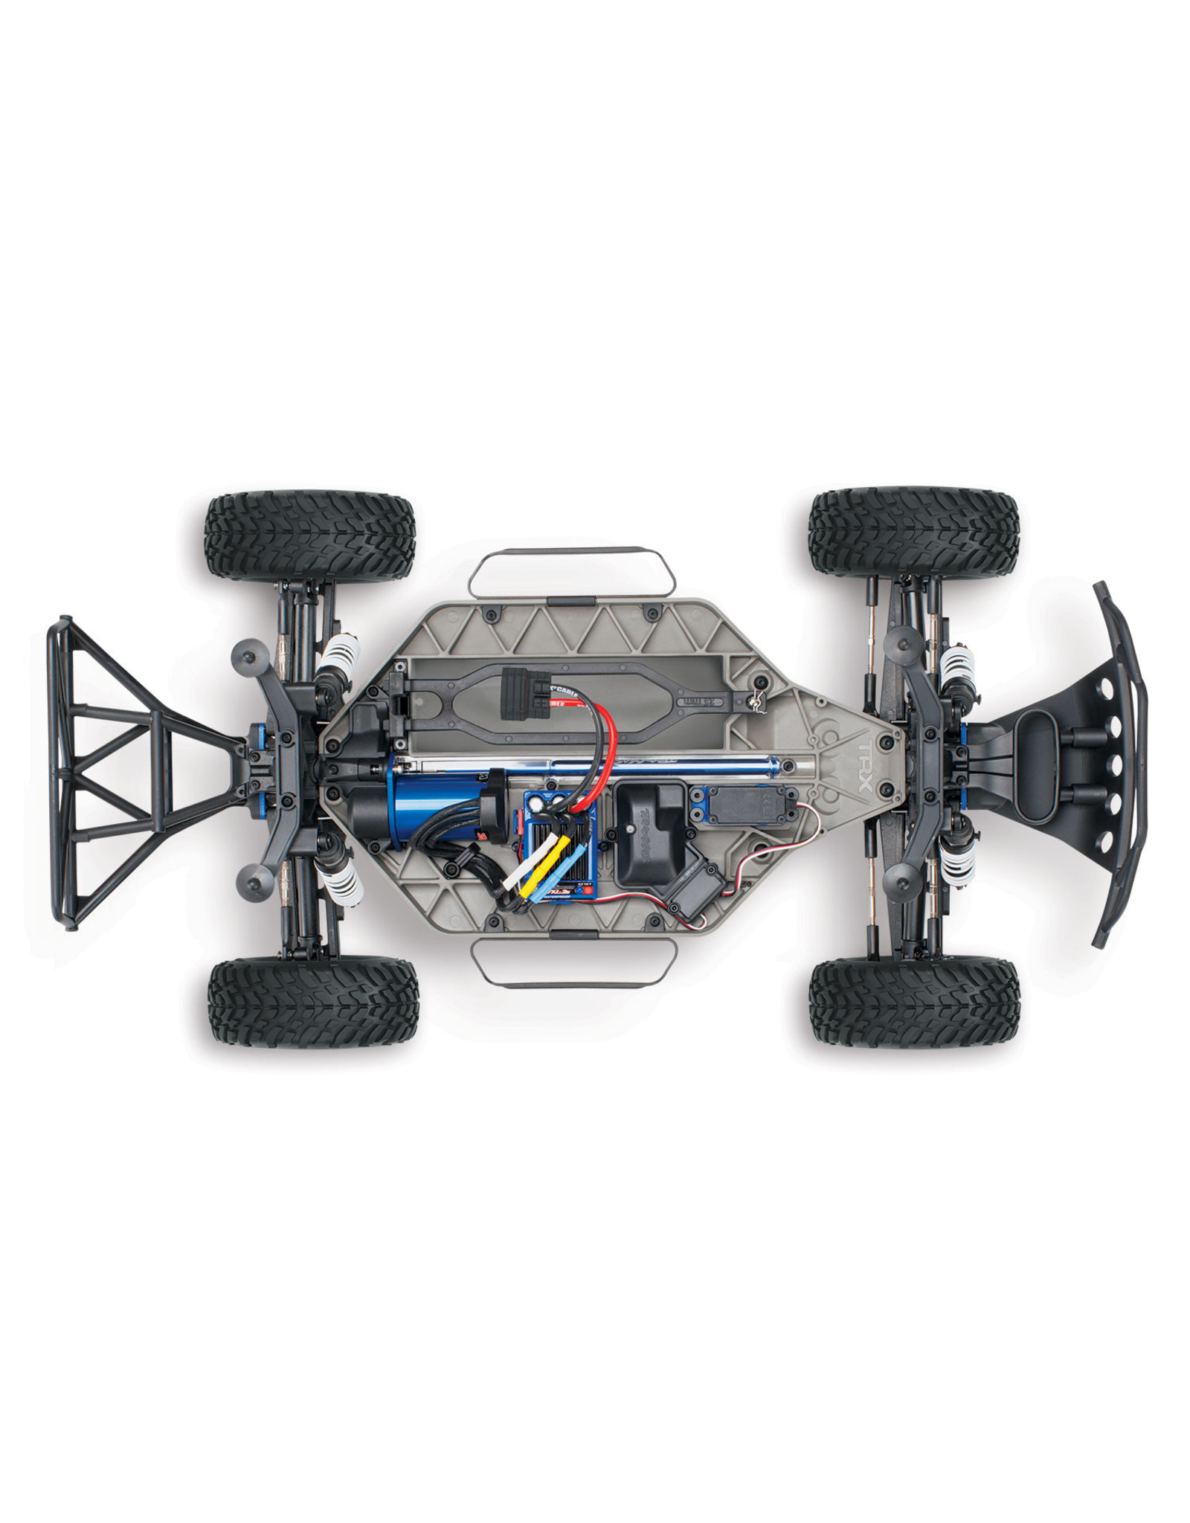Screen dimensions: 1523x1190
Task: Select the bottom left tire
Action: pos(313,1001)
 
